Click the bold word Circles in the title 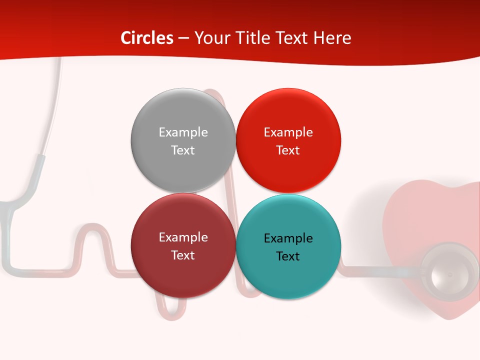[147, 38]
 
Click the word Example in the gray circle [183, 132]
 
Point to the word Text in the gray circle [183, 150]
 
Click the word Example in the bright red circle [288, 132]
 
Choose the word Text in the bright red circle [288, 150]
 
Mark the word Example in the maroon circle [183, 237]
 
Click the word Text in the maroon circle [183, 255]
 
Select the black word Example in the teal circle [288, 238]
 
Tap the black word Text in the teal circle [288, 256]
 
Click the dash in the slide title [183, 38]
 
